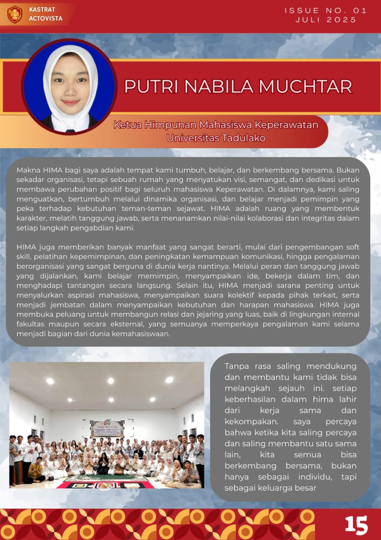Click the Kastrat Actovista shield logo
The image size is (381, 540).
[x=15, y=14]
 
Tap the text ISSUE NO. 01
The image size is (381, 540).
[x=326, y=10]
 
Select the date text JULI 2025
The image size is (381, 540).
[x=326, y=20]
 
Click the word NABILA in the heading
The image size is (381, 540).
[x=218, y=86]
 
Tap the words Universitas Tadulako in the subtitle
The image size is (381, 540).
[x=216, y=138]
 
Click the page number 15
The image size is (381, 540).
[x=356, y=525]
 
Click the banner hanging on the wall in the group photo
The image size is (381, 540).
[x=107, y=429]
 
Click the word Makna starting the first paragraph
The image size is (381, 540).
[x=29, y=170]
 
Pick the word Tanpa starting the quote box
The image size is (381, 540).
[x=237, y=366]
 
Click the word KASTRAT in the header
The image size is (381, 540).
[x=42, y=9]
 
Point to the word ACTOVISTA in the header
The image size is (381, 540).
[x=46, y=18]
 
